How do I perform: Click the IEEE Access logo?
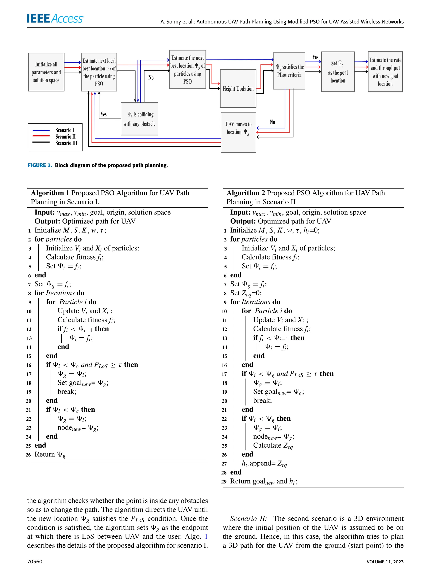click(x=55, y=19)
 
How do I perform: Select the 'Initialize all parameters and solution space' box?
click(x=46, y=72)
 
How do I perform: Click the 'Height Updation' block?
click(x=238, y=89)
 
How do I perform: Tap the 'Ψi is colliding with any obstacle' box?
click(x=139, y=119)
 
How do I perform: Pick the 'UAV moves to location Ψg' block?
click(x=238, y=132)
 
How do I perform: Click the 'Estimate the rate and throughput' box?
click(x=385, y=72)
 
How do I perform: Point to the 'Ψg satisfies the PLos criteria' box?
click(x=289, y=71)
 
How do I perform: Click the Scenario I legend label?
click(x=65, y=130)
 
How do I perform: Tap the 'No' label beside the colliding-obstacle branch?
click(x=151, y=78)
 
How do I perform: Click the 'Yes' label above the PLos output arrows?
click(x=315, y=57)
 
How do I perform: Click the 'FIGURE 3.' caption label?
click(x=40, y=165)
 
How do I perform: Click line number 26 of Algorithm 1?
click(x=28, y=455)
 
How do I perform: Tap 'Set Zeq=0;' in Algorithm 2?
click(x=246, y=293)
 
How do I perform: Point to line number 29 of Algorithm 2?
click(x=224, y=482)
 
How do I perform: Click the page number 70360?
click(x=35, y=562)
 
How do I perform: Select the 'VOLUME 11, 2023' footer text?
click(x=385, y=562)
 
